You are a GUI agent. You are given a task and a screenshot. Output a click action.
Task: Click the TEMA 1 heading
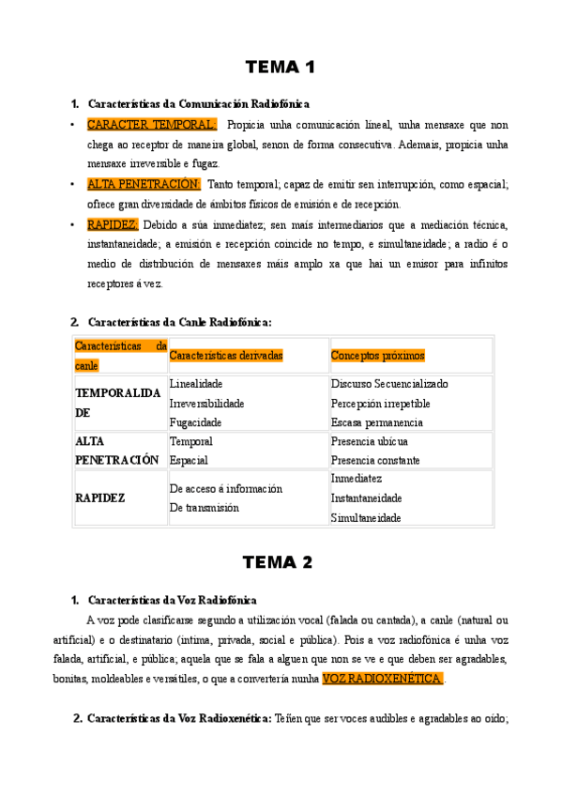tap(280, 68)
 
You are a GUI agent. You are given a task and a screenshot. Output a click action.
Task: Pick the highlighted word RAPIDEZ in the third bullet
tap(113, 224)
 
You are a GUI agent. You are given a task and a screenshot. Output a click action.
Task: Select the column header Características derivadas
tap(226, 356)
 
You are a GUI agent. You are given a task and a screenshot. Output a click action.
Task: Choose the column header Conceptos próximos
tap(377, 356)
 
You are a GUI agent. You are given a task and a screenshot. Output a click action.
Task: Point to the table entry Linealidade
tap(196, 384)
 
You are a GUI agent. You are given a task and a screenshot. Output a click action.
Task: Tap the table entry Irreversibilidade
tap(206, 404)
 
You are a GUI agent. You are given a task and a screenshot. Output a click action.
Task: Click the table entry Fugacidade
tap(195, 422)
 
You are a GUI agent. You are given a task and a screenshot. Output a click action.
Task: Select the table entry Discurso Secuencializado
tap(389, 384)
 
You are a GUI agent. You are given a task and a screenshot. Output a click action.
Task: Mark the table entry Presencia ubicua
tap(369, 441)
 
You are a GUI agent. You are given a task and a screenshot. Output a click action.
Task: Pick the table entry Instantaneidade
tap(366, 498)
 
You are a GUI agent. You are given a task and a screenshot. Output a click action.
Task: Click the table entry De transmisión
tap(204, 508)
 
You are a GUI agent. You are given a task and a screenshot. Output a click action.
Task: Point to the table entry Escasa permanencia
tap(376, 422)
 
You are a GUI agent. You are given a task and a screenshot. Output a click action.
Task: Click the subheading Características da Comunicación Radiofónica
tap(198, 103)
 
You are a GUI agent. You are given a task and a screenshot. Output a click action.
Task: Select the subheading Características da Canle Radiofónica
tap(179, 322)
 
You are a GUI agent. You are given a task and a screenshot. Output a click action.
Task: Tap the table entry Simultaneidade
tap(366, 518)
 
